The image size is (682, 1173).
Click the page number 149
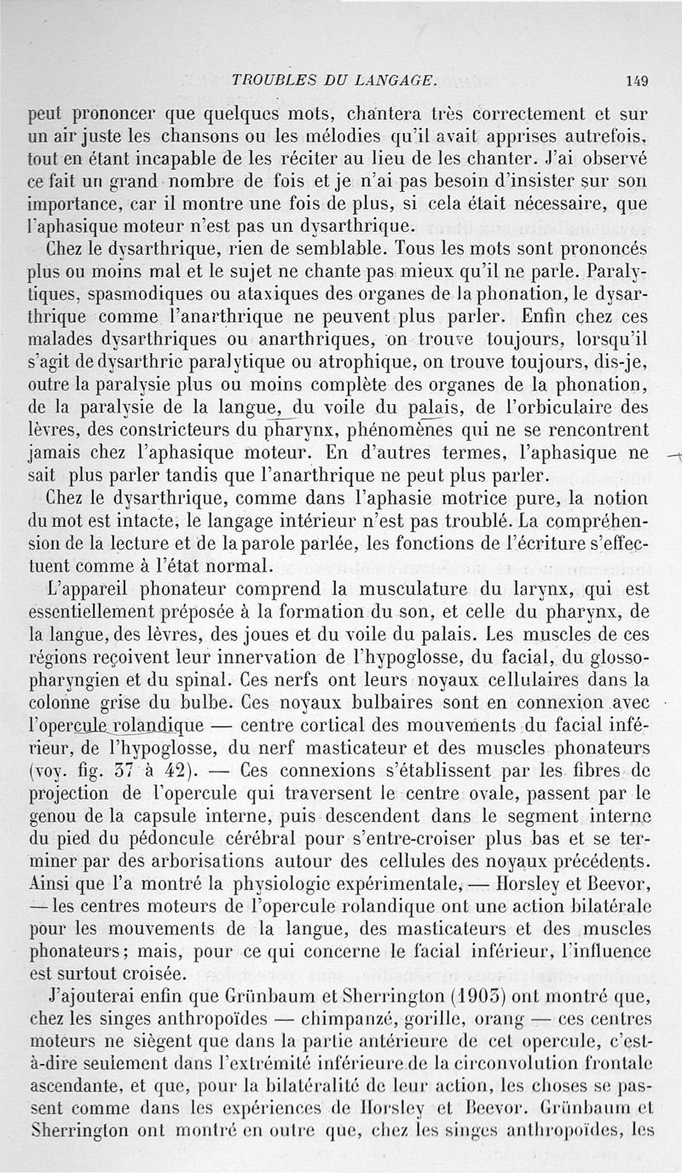(636, 82)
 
